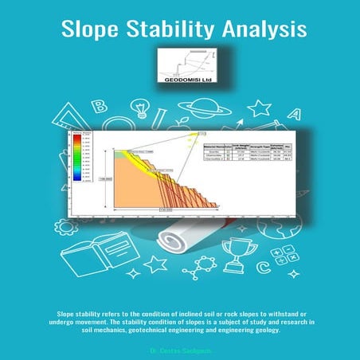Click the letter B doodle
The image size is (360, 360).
click(x=101, y=106)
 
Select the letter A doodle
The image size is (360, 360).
click(x=294, y=112)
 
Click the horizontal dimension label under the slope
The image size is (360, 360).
click(x=165, y=209)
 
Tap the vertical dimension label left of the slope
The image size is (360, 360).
click(x=104, y=180)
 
